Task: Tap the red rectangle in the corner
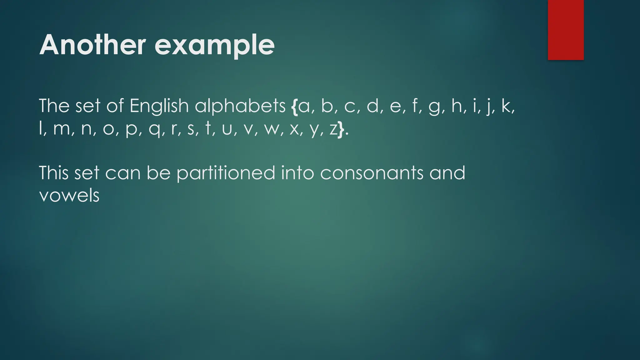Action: click(x=566, y=30)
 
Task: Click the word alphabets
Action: click(x=240, y=106)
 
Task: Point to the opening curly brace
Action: click(x=294, y=106)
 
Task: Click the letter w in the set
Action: click(x=272, y=129)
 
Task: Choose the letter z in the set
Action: click(x=333, y=129)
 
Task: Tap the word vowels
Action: click(x=69, y=196)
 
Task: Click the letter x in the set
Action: click(x=294, y=129)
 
